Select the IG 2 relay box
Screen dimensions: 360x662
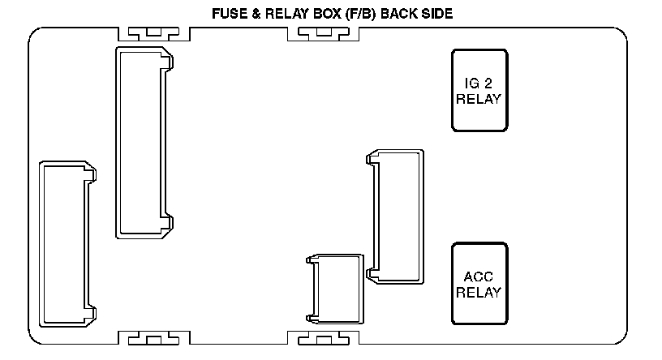(x=479, y=90)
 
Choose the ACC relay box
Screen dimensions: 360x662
(x=479, y=283)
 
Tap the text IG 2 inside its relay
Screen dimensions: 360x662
(x=479, y=82)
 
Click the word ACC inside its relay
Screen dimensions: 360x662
(x=479, y=276)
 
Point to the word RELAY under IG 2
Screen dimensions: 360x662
(x=479, y=99)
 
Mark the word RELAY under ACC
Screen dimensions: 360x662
(x=479, y=292)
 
